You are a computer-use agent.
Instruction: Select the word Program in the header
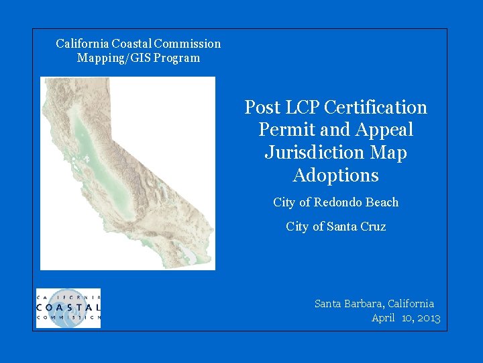[177, 58]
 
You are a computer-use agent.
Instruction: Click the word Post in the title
[258, 108]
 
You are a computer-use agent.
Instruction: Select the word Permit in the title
[282, 130]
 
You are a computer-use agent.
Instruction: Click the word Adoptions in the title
[335, 175]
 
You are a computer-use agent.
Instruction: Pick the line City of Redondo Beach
[335, 202]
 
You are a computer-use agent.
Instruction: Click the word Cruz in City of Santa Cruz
[372, 227]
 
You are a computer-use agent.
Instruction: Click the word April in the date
[383, 318]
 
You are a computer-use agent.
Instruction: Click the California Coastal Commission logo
[68, 308]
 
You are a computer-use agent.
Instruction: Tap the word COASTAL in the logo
[68, 307]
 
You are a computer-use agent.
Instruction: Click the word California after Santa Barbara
[411, 304]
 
